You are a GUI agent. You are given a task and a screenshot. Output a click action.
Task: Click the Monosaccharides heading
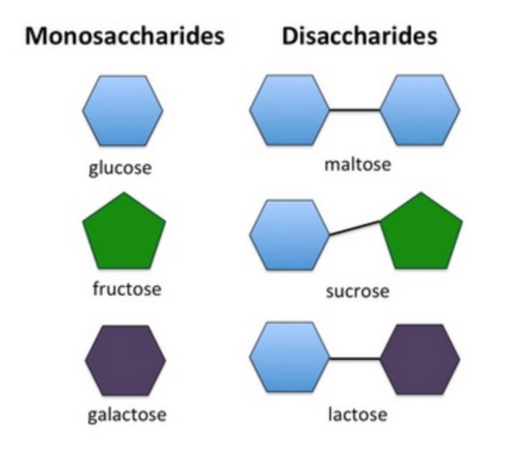coord(124,36)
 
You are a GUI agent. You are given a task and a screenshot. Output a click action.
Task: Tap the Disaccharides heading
coord(359,36)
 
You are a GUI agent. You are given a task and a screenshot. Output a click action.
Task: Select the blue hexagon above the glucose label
coord(122,111)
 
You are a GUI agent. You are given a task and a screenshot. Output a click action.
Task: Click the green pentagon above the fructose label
coord(124,231)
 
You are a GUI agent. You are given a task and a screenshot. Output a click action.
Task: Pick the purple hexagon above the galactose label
coord(125,360)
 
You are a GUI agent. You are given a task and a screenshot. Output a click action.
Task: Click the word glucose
coord(120,168)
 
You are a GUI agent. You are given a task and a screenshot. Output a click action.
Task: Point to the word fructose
coord(127,288)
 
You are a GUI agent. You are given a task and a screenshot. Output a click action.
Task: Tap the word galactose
coord(127,414)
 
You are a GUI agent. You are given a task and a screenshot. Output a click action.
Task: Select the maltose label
coord(357,165)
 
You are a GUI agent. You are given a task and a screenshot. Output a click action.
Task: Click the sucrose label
coord(357,291)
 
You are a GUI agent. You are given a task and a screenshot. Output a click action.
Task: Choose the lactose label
coord(357,414)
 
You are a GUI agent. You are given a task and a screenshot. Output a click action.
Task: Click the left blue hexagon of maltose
coord(289,110)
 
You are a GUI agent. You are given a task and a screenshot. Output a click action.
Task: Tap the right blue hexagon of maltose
coord(420,110)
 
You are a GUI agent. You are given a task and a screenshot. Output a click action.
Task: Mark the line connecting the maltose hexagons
coord(354,110)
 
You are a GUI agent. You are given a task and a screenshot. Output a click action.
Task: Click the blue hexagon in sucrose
coord(289,235)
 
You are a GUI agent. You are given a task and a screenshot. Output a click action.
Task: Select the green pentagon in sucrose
coord(421,231)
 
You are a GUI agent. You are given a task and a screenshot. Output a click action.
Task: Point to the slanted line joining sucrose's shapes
coord(354,228)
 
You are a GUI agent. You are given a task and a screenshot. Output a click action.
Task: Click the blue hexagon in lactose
coord(289,357)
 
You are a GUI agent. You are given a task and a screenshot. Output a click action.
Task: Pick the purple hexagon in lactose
coord(420,359)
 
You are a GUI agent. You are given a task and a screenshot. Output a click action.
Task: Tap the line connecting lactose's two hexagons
coord(354,359)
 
